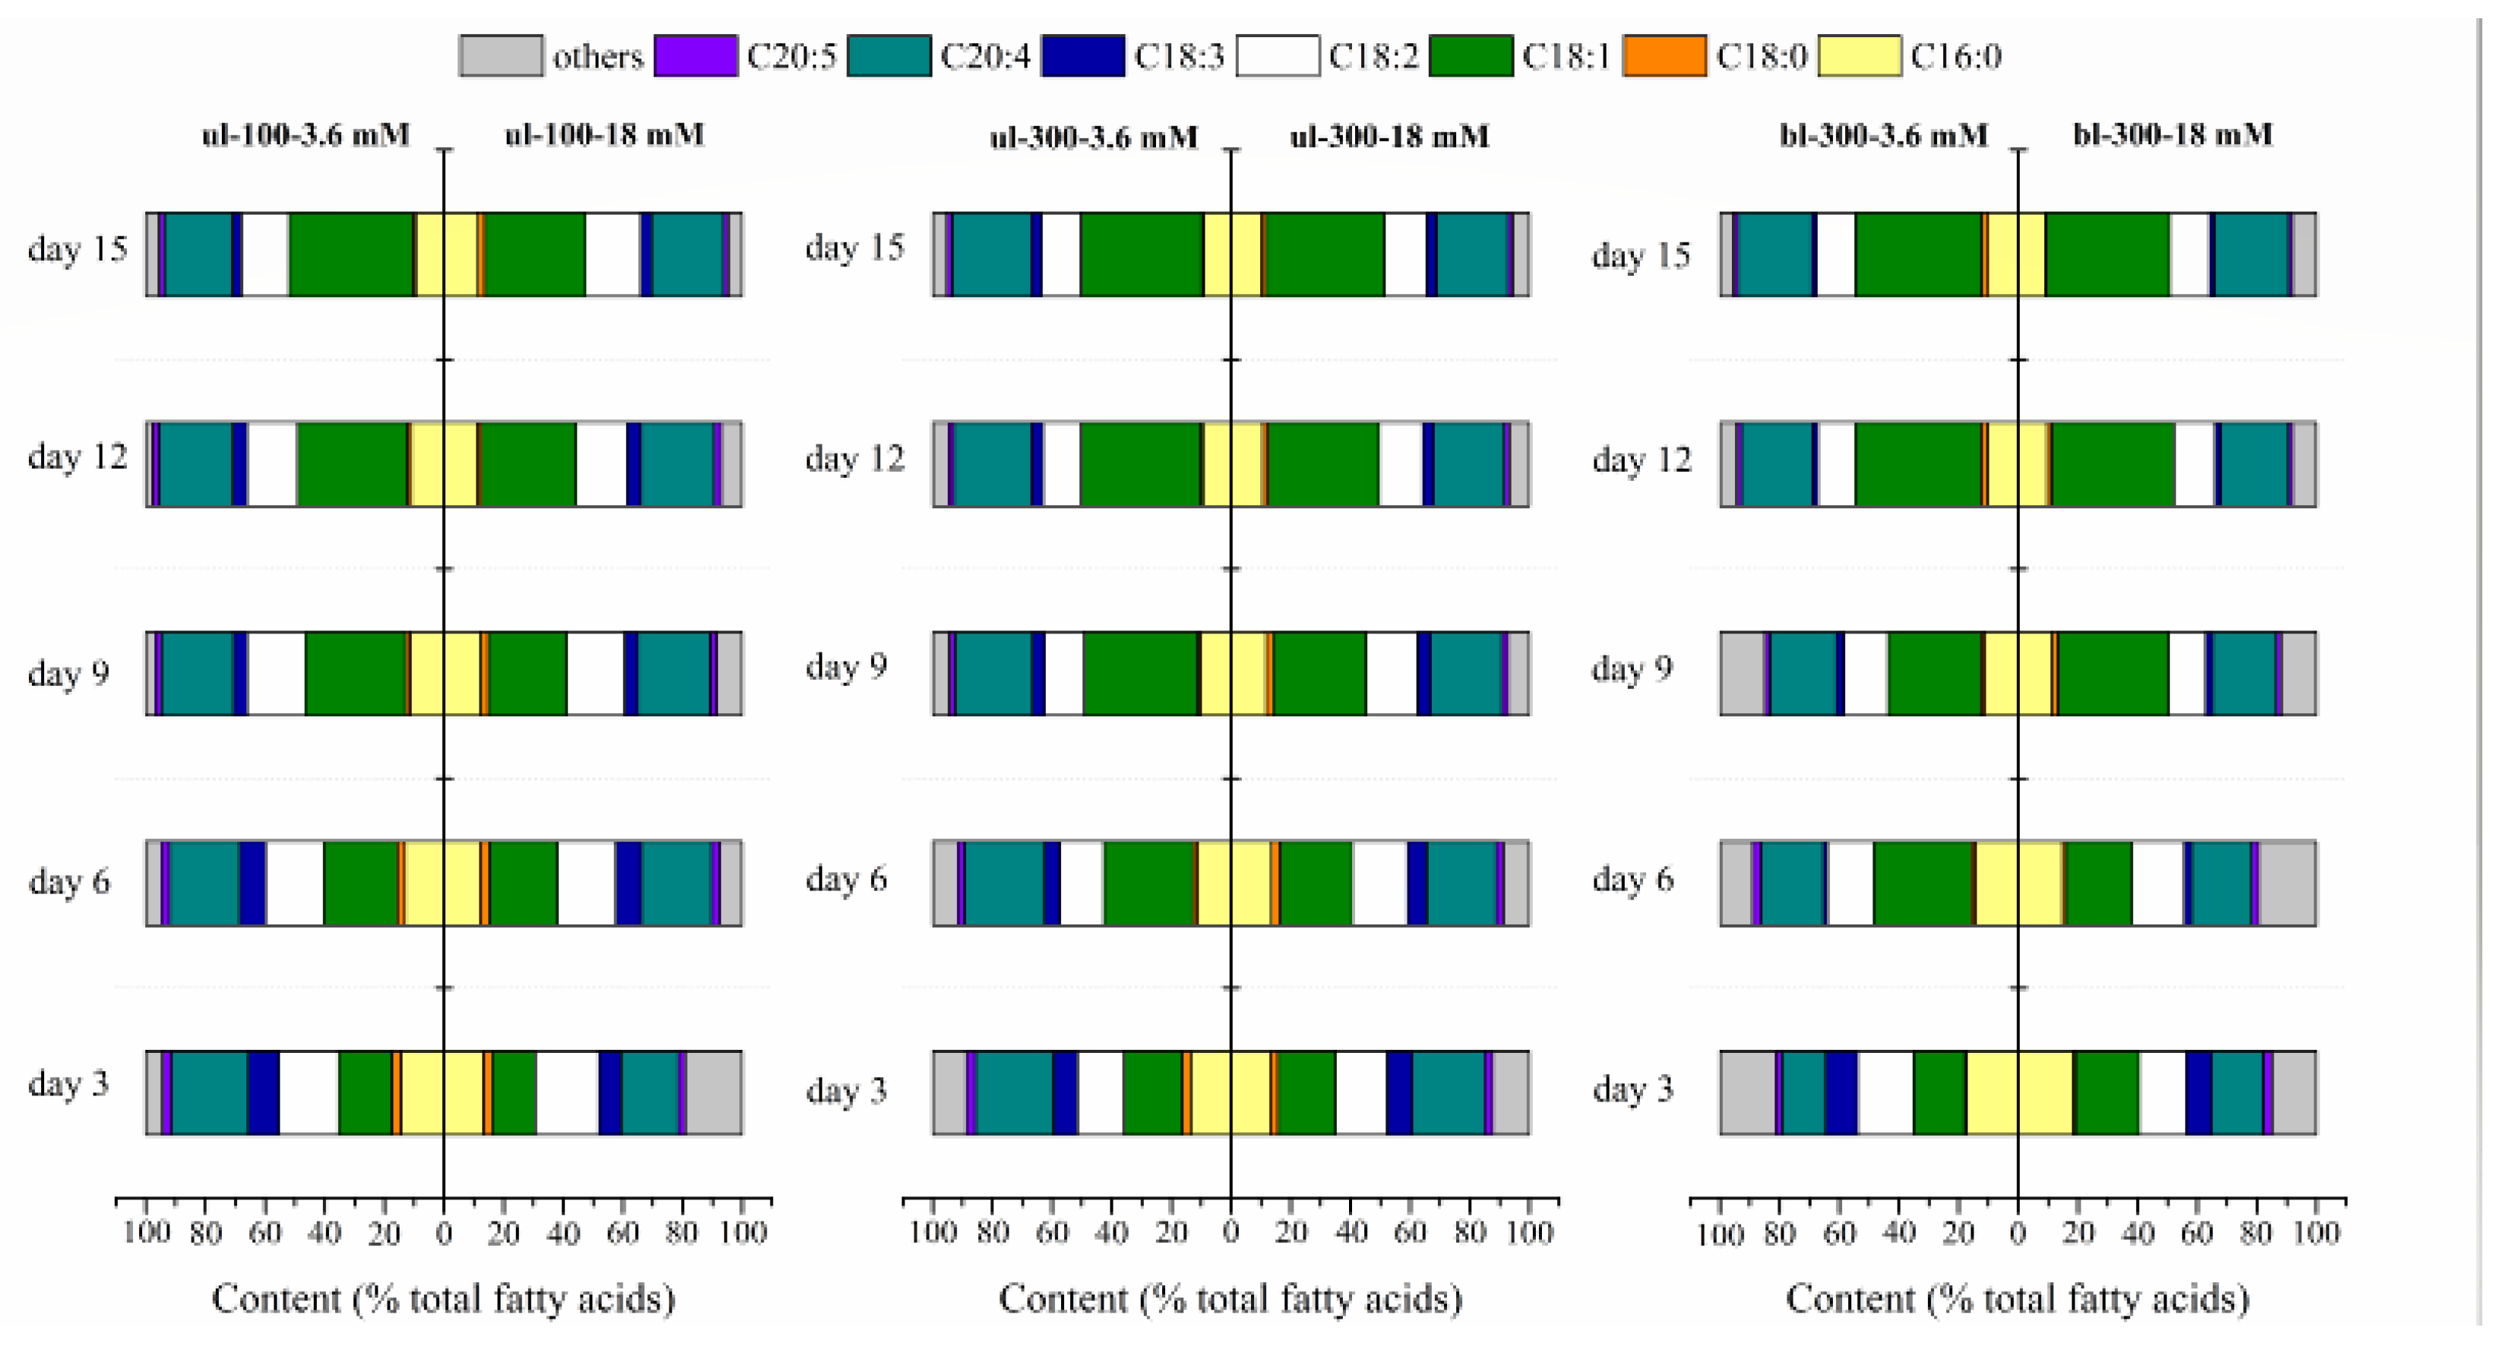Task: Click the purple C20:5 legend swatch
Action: pos(695,55)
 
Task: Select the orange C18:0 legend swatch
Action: pos(1664,55)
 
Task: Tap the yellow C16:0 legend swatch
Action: pos(1859,55)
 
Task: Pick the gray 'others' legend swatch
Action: pos(501,55)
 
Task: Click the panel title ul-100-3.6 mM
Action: pos(305,134)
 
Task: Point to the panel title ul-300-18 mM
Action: pos(1389,137)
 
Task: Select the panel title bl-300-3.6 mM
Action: pos(1883,134)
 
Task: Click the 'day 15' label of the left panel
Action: pos(77,249)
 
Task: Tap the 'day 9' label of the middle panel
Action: pos(845,667)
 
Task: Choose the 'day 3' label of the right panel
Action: pos(1632,1089)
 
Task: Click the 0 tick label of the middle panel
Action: pos(1231,1233)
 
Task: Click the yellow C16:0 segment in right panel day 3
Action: pos(2019,1092)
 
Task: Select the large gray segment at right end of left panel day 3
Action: pos(714,1092)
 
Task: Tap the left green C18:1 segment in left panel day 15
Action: pos(352,254)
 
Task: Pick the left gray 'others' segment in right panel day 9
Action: pos(1742,674)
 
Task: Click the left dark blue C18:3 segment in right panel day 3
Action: pos(1841,1092)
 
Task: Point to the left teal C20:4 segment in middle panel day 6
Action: pos(1003,883)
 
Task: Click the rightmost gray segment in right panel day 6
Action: pos(2288,883)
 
